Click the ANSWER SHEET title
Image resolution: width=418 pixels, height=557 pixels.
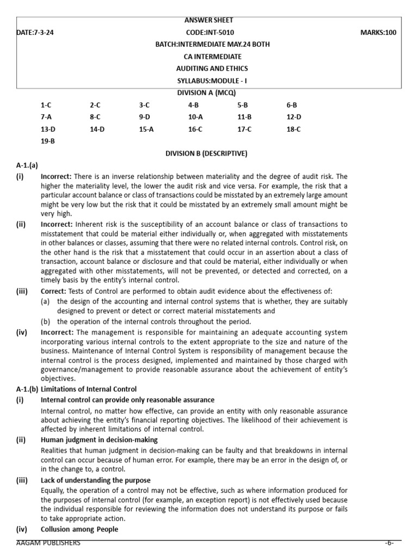point(209,20)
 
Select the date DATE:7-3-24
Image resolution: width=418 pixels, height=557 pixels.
point(36,33)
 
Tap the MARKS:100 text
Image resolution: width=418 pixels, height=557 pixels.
point(378,33)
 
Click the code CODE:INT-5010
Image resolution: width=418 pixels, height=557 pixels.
point(209,33)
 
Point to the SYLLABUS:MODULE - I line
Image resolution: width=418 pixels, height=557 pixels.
point(209,81)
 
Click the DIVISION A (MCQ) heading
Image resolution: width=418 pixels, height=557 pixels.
point(209,93)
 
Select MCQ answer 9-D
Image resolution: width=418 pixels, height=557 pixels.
point(144,117)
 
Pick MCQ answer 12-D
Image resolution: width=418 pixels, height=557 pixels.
point(293,117)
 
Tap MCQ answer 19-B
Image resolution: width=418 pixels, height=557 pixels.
point(47,141)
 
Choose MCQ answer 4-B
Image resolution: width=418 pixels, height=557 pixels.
point(193,105)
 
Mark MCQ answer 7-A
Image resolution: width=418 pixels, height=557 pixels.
point(47,117)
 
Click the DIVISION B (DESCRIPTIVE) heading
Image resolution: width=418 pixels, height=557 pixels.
point(206,153)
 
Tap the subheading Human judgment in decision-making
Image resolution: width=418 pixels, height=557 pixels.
point(99,440)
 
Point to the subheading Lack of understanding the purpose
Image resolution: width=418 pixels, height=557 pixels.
point(95,480)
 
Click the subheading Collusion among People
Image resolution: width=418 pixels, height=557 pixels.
point(79,529)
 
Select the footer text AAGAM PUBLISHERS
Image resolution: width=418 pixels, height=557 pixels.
point(48,543)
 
